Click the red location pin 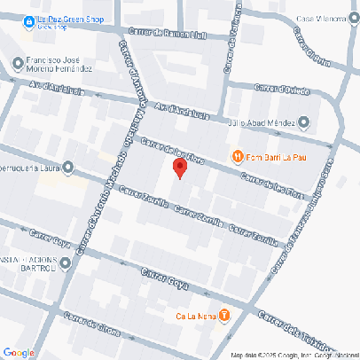[179, 168]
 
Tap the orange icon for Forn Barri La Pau [238, 156]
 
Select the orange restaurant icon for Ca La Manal [224, 314]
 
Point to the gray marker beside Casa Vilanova [354, 18]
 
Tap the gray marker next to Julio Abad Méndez [305, 122]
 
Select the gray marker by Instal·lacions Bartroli [64, 262]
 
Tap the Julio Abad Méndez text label [262, 122]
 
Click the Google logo [20, 352]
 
